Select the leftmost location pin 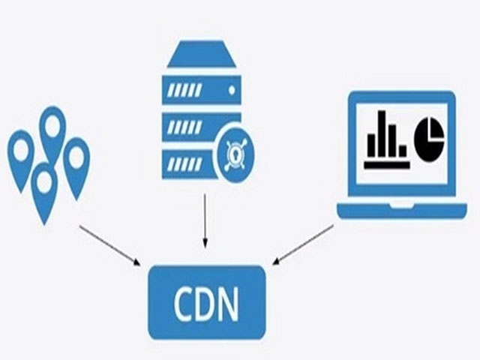pyautogui.click(x=20, y=154)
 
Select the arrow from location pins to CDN pyautogui.click(x=109, y=244)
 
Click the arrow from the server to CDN pyautogui.click(x=205, y=221)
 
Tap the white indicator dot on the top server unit pyautogui.click(x=232, y=89)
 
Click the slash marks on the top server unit pyautogui.click(x=183, y=89)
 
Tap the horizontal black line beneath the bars pyautogui.click(x=387, y=163)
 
